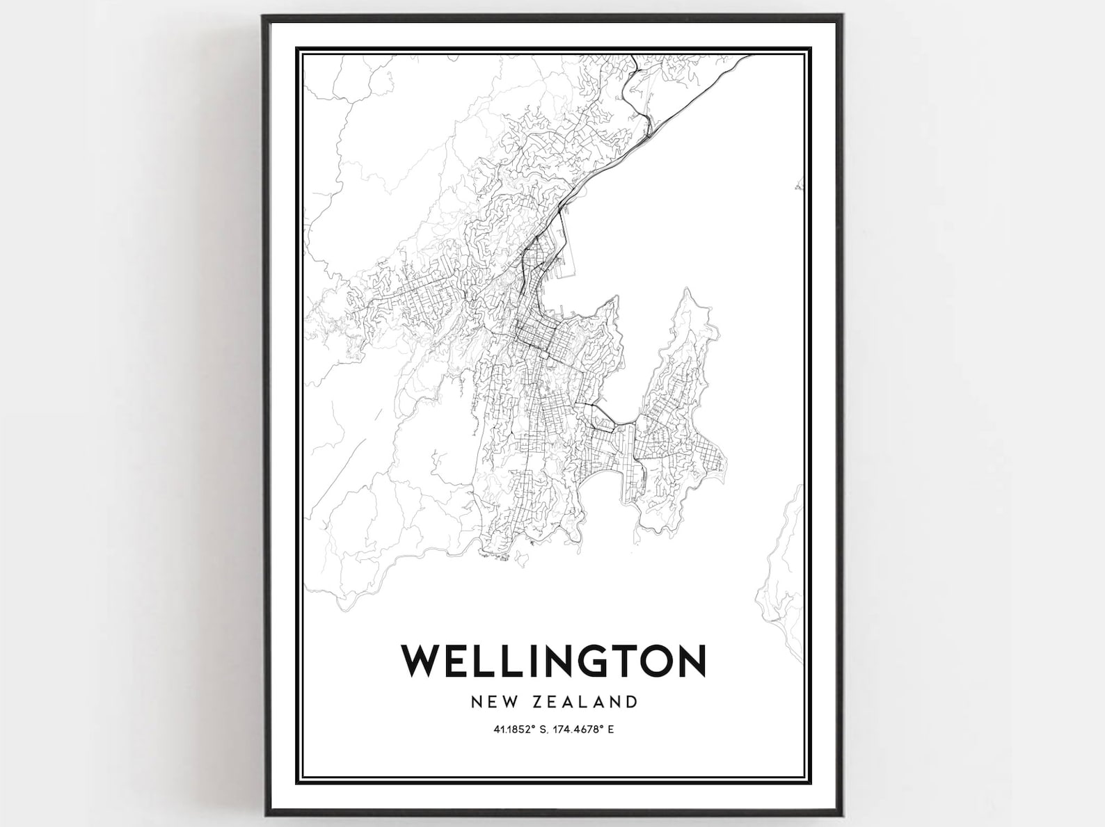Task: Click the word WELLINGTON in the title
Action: click(x=553, y=661)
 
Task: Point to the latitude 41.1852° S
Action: click(x=521, y=730)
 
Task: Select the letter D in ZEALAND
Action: click(x=632, y=701)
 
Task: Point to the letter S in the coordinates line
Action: click(x=544, y=730)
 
